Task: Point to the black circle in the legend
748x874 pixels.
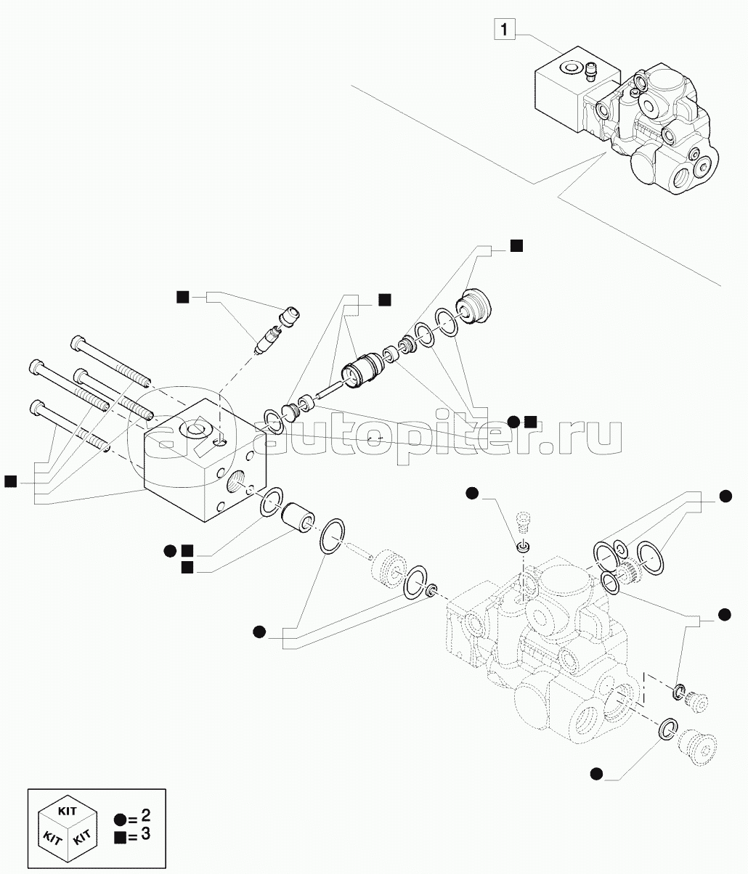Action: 120,819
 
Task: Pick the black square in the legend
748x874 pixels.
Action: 120,836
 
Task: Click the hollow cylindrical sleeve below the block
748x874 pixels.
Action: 298,517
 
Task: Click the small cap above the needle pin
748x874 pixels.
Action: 293,316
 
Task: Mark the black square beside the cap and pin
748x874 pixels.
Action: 183,296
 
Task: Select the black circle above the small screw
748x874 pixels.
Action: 472,494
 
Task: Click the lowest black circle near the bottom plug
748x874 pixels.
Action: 596,774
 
